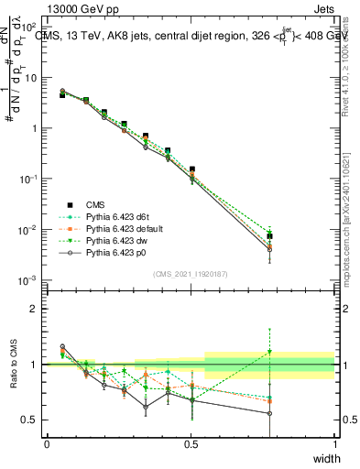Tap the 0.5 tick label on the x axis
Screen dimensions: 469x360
(191, 442)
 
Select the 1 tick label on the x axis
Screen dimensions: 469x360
(334, 442)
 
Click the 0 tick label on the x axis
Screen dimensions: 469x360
(47, 442)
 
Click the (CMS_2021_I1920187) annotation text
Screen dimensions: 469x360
(191, 274)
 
